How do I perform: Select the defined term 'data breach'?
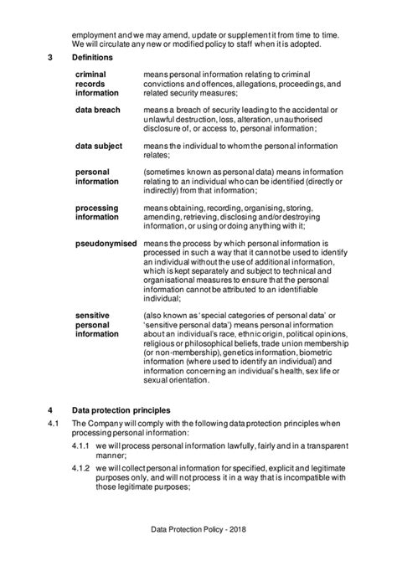click(98, 110)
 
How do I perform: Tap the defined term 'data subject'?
click(99, 146)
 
